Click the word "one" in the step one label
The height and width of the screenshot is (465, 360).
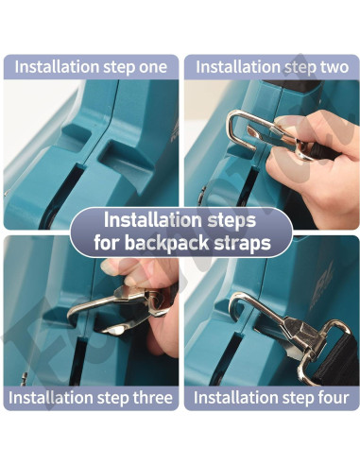(153, 67)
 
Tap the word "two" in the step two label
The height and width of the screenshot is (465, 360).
(334, 67)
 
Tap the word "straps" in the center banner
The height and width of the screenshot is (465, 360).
(243, 244)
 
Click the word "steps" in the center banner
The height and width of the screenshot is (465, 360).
(231, 220)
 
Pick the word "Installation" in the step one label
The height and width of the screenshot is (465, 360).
(57, 67)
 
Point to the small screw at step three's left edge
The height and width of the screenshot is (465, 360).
(24, 378)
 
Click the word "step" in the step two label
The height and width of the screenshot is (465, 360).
(300, 67)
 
